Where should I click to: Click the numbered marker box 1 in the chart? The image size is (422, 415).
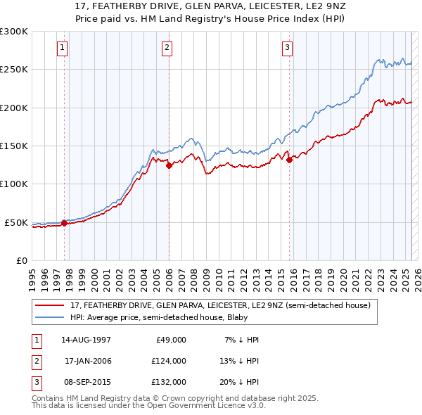coord(63,48)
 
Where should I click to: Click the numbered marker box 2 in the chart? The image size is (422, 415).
coord(167,48)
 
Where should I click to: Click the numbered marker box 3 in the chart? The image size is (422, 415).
coord(288,48)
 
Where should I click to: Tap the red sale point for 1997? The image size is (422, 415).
coord(64,223)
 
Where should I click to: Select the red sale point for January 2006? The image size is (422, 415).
coord(169,166)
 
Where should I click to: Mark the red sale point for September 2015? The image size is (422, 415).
coord(289,160)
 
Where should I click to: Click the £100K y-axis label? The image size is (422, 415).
coord(14,184)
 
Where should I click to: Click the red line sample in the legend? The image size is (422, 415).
coord(50,306)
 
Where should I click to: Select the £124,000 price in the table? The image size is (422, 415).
coord(169,361)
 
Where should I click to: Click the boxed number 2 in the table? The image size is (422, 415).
coord(35,361)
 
